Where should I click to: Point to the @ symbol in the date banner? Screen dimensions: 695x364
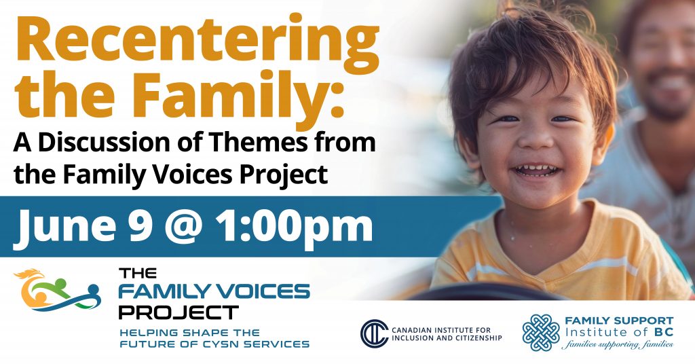click(x=182, y=227)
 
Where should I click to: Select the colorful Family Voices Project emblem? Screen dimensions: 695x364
click(x=58, y=290)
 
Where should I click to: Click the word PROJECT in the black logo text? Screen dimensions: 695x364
click(x=179, y=312)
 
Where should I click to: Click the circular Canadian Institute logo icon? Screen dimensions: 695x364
click(x=375, y=334)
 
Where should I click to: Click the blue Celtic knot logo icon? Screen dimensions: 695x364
click(x=541, y=333)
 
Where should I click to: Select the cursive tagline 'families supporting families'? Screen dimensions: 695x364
click(x=618, y=344)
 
